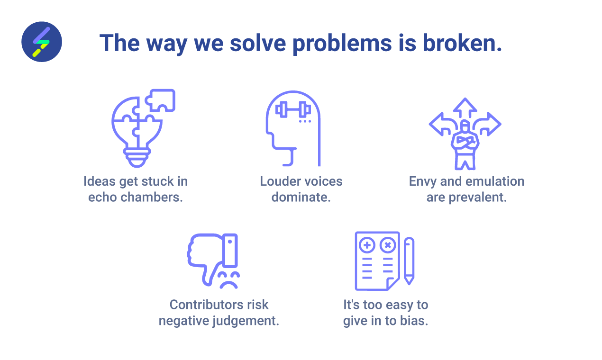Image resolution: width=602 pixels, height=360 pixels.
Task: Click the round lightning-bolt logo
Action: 42,42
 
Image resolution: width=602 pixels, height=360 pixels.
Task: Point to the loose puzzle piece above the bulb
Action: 161,100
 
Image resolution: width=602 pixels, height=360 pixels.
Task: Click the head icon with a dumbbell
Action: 293,128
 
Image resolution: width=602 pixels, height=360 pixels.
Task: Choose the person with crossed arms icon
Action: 465,144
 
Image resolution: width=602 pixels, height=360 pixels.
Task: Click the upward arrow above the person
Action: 465,108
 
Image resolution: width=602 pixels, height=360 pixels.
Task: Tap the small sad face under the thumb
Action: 229,280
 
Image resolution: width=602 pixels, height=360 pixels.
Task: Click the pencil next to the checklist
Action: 409,261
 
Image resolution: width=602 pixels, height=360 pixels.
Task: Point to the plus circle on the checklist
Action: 367,245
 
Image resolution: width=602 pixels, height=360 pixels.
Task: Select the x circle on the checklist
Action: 388,245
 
